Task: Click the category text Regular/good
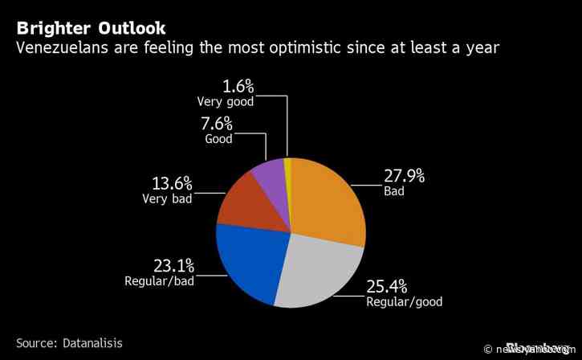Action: (x=404, y=302)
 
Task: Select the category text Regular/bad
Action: (x=160, y=280)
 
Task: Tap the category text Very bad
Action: (x=167, y=198)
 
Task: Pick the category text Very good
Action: (x=226, y=101)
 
